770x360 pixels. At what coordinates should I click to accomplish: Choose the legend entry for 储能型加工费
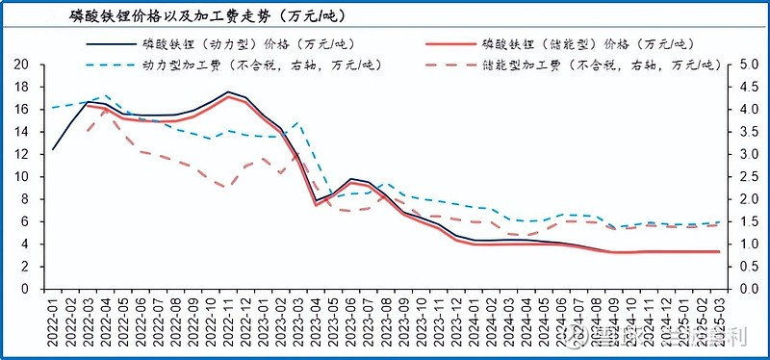click(x=597, y=65)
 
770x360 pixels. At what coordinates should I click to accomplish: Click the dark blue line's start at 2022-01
click(x=53, y=149)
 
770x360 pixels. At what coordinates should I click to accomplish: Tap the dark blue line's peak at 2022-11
click(x=228, y=92)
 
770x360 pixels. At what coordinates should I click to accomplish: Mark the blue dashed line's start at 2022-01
click(x=53, y=108)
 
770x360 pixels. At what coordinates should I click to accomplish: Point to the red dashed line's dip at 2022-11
click(x=227, y=187)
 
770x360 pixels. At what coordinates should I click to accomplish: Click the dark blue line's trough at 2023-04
click(x=316, y=201)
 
